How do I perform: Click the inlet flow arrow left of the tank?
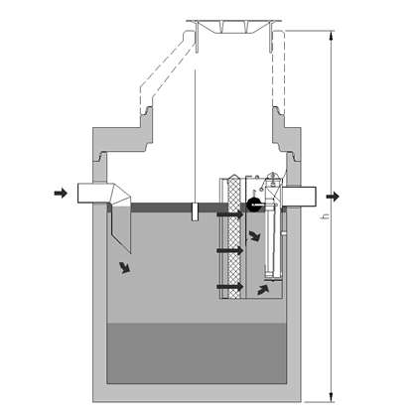pos(61,193)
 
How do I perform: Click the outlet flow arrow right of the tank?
pos(333,197)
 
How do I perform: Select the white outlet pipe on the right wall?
pos(299,197)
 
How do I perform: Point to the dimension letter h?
pos(326,216)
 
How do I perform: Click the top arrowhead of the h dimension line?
pos(332,35)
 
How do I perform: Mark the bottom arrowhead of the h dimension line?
pos(332,397)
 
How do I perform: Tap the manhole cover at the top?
pos(233,27)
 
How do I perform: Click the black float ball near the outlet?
pos(253,205)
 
